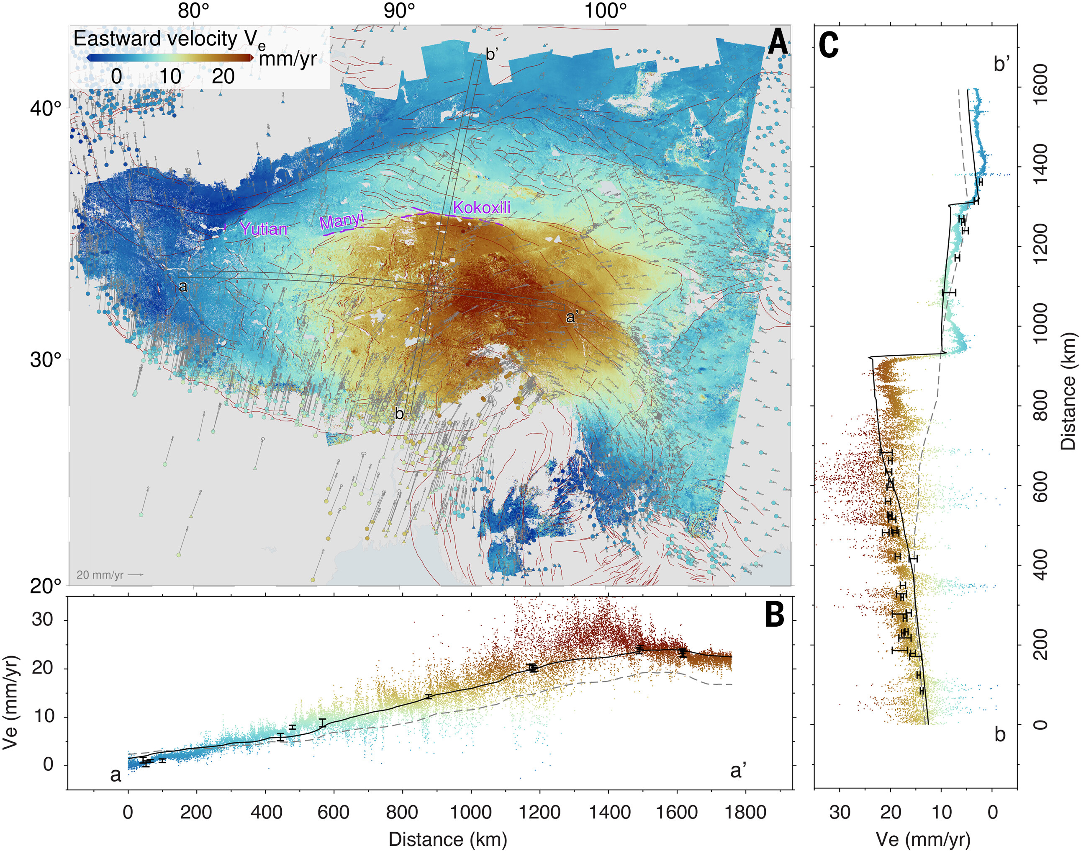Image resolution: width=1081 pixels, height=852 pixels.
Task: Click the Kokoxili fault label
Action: point(481,207)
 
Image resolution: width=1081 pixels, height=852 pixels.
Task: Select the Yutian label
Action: point(263,229)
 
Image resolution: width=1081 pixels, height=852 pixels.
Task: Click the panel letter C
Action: point(828,45)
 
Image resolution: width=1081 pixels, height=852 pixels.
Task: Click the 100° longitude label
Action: point(605,10)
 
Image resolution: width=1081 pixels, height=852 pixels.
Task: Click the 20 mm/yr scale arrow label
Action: point(100,575)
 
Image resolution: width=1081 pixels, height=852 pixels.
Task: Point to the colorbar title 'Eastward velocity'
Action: point(156,39)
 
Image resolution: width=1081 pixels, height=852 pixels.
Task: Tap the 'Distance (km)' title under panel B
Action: point(447,839)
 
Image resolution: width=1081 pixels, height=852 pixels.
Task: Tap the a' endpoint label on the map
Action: point(572,317)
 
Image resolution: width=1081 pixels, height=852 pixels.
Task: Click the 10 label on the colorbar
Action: point(170,76)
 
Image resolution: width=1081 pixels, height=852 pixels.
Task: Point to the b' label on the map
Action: point(491,54)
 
